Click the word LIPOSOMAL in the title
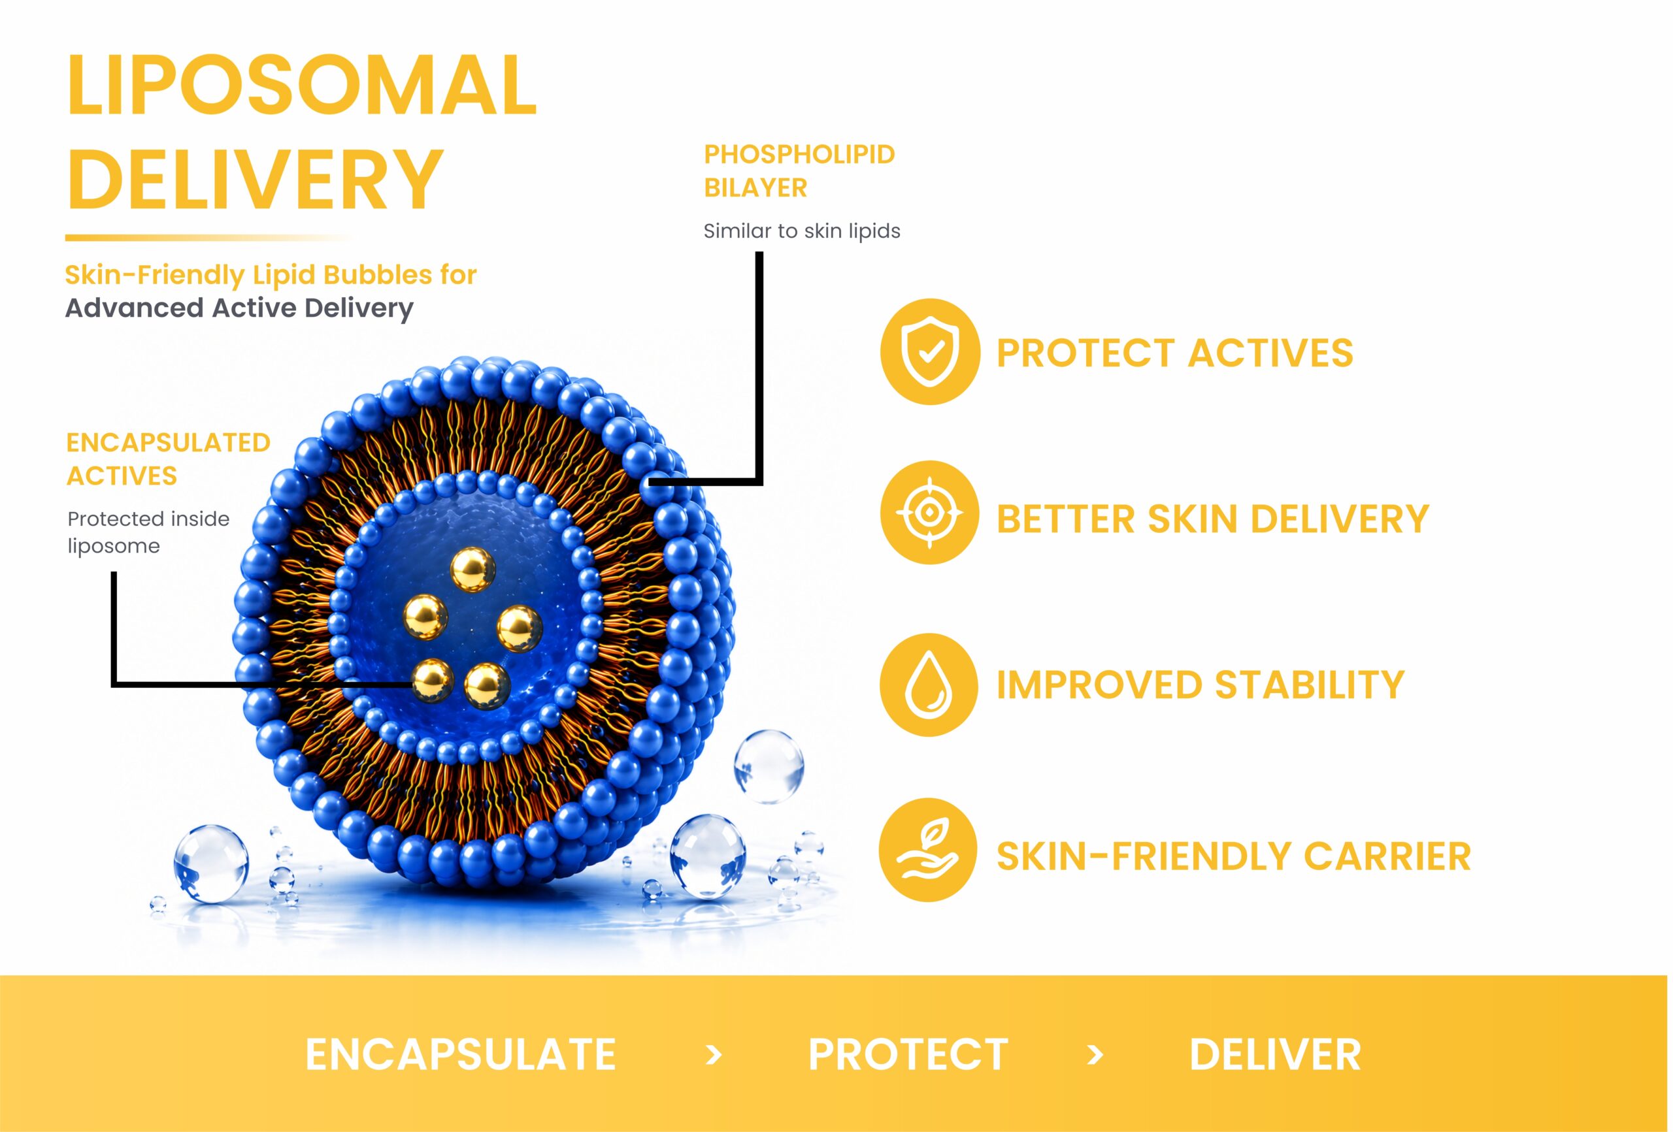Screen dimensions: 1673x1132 click(302, 85)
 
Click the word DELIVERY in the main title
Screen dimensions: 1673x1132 click(255, 178)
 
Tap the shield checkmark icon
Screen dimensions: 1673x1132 click(930, 351)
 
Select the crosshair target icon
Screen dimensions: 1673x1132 click(929, 512)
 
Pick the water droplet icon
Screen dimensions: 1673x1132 click(929, 685)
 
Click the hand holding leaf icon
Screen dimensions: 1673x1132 click(928, 850)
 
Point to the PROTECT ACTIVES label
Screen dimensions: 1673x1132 click(1175, 353)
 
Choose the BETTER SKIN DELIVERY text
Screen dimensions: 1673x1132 click(1213, 519)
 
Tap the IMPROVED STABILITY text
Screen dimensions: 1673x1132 click(1201, 685)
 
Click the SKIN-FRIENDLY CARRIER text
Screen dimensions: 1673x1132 click(1234, 856)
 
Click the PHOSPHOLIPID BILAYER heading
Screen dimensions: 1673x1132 click(799, 170)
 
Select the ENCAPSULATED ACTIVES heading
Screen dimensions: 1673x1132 click(169, 459)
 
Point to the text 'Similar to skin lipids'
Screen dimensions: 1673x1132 click(802, 231)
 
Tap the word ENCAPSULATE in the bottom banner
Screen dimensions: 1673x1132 click(461, 1055)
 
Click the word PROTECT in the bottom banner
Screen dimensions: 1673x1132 click(908, 1055)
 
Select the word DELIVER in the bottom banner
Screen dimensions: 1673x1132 click(1275, 1055)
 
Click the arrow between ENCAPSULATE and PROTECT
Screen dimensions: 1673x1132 click(714, 1055)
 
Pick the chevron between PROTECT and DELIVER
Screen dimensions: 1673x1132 click(1095, 1055)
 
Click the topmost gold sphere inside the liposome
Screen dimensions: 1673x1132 click(473, 569)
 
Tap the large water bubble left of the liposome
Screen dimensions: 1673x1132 click(211, 863)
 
